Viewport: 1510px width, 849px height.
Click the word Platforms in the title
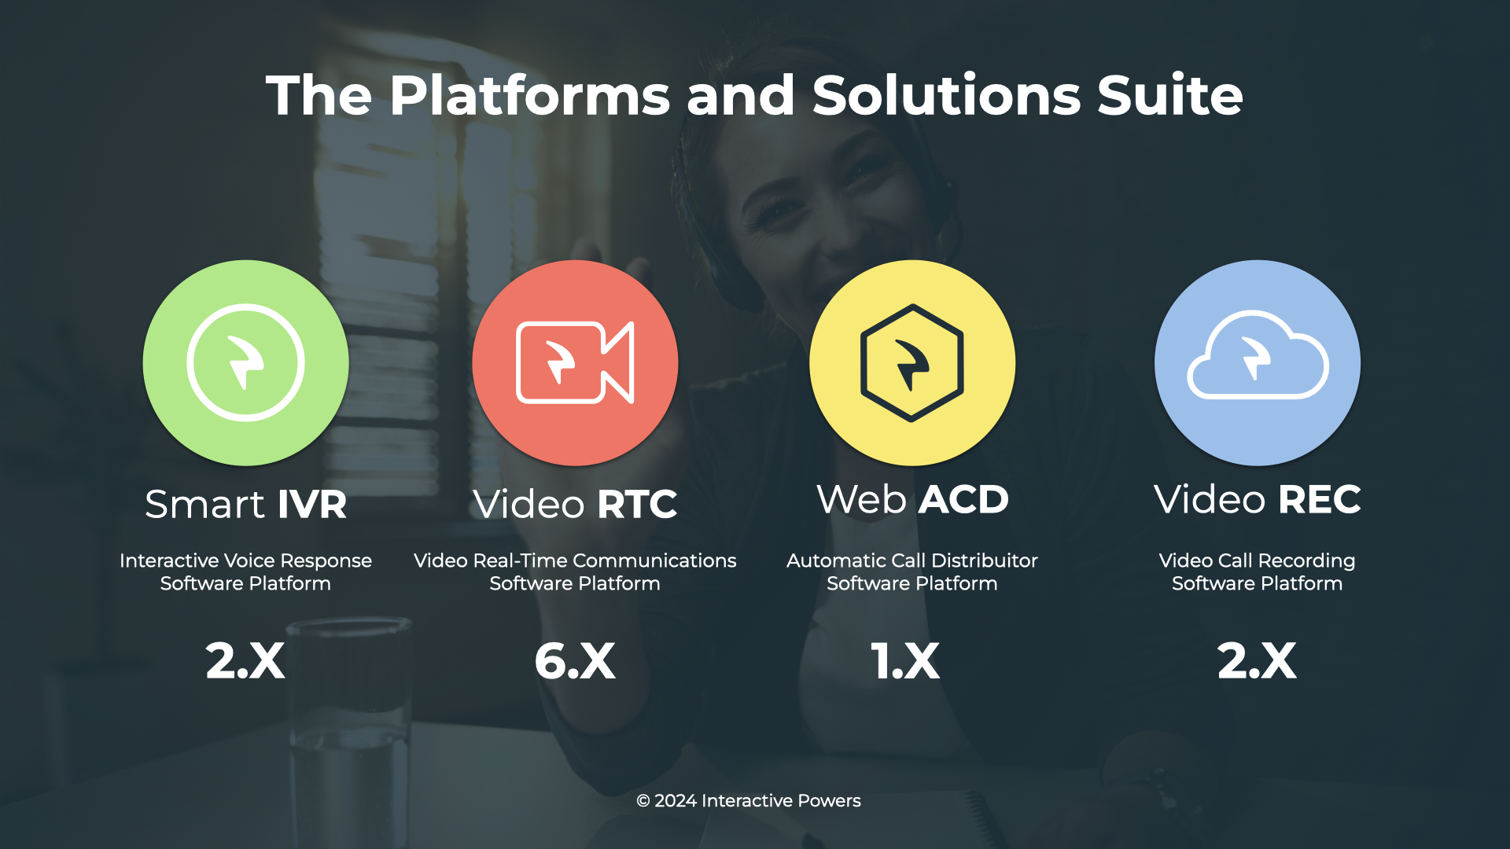530,96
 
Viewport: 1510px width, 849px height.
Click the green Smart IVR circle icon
245,362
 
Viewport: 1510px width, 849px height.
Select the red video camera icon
575,362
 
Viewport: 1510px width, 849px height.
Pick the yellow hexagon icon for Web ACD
912,362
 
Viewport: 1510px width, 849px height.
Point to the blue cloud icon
1258,362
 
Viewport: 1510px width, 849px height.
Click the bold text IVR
312,504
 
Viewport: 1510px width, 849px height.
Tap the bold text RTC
637,504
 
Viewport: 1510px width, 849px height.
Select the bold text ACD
963,499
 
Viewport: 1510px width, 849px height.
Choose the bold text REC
1320,499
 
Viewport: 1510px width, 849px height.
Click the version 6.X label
575,660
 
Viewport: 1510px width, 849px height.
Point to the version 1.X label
905,660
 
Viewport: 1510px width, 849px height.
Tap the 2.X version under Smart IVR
245,660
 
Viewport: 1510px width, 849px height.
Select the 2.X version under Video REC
1257,660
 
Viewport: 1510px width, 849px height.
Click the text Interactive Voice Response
245,560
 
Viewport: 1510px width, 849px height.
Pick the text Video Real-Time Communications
575,560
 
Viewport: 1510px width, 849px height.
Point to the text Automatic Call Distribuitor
912,560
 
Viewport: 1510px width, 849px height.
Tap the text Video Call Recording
1257,560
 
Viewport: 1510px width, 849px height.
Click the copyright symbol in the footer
643,801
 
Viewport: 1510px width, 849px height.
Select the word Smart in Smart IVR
204,504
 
